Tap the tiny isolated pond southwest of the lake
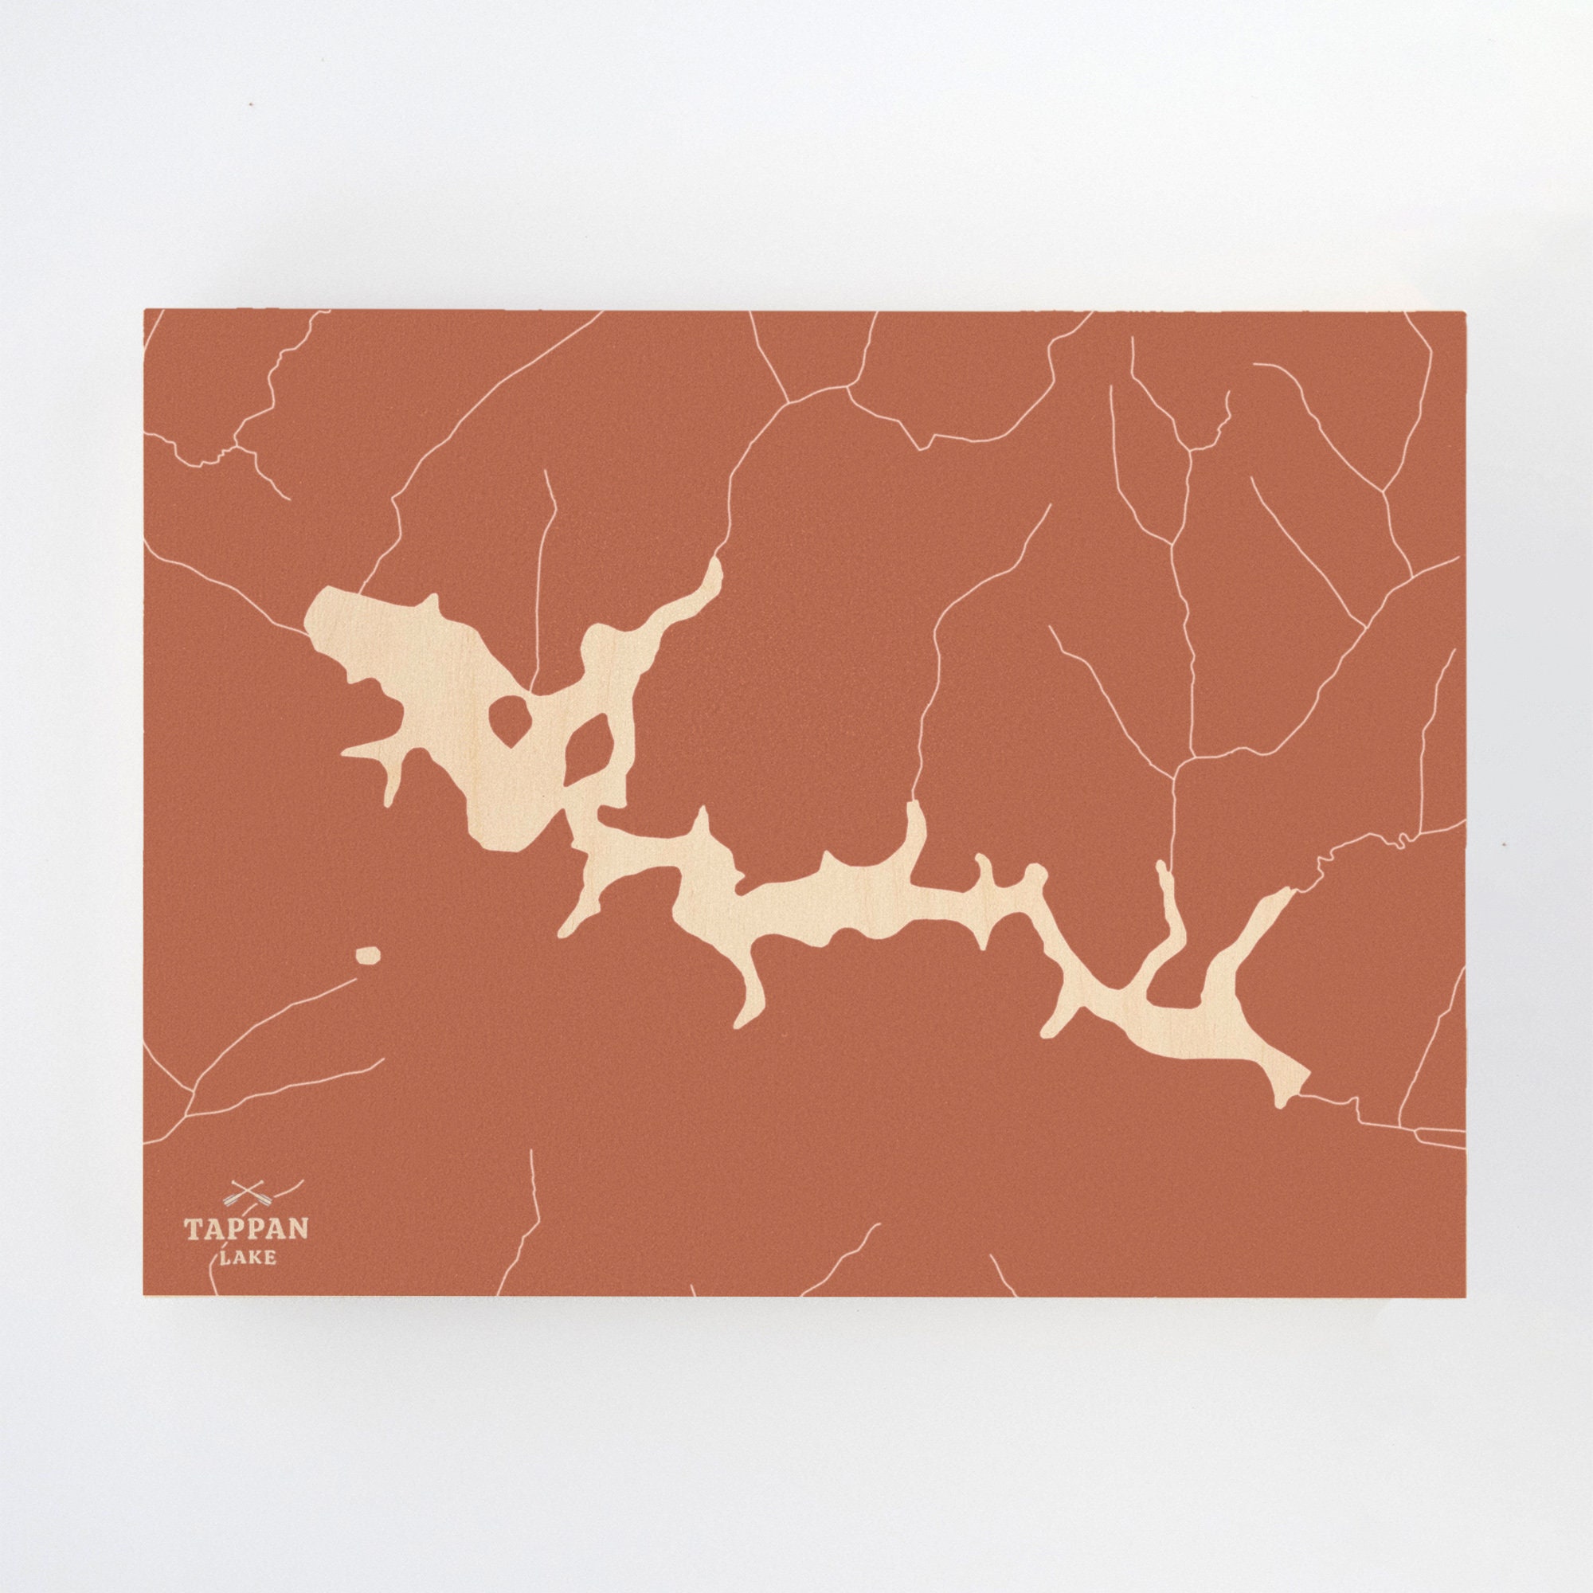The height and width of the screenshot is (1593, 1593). click(x=368, y=955)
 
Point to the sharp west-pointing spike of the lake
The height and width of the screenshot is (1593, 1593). click(x=346, y=752)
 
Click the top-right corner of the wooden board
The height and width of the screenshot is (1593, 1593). click(x=1466, y=311)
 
